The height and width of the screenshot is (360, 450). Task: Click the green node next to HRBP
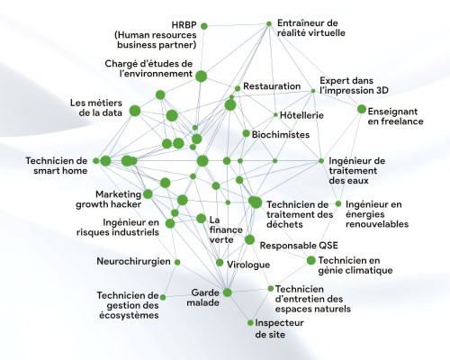[x=204, y=26]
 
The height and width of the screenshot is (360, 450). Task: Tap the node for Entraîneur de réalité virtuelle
[x=269, y=23]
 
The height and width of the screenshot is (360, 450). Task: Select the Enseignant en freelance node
[x=362, y=109]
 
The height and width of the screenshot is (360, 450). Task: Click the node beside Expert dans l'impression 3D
[x=313, y=91]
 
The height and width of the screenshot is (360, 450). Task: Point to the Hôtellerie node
[x=275, y=114]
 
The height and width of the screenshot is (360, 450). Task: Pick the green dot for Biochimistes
[x=246, y=133]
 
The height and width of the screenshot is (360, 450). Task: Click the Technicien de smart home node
[x=96, y=161]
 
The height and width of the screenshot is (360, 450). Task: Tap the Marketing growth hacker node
[x=148, y=194]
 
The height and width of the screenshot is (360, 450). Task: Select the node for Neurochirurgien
[x=177, y=262]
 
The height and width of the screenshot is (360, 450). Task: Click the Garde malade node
[x=228, y=292]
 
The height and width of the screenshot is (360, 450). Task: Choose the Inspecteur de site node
[x=250, y=323]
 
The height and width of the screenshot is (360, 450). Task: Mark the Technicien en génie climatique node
[x=311, y=260]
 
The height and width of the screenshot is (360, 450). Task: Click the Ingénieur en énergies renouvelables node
[x=338, y=204]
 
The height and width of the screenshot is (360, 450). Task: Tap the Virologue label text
[x=248, y=265]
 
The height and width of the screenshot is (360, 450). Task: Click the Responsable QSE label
[x=299, y=246]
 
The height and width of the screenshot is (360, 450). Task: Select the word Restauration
[x=272, y=86]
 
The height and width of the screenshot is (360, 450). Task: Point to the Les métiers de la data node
[x=135, y=111]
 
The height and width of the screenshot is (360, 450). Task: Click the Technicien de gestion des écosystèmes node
[x=163, y=297]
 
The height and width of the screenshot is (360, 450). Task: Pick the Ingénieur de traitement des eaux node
[x=321, y=161]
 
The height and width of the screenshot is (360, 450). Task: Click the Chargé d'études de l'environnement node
[x=202, y=76]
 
